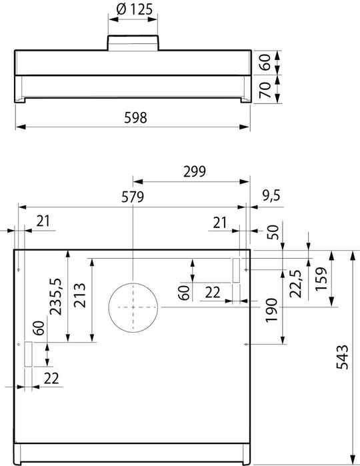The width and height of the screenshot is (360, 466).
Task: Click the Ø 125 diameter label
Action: (133, 11)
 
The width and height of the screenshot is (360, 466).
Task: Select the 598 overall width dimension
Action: (133, 117)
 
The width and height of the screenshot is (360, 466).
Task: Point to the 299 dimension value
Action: (192, 171)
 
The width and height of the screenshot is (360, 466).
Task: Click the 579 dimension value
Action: (133, 197)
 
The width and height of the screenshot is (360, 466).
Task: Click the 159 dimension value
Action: (319, 279)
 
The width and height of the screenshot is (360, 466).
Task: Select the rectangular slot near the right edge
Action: (235, 271)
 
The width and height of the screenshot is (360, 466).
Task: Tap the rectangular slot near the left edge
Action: (27, 355)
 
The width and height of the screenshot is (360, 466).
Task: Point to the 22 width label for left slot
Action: (49, 378)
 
